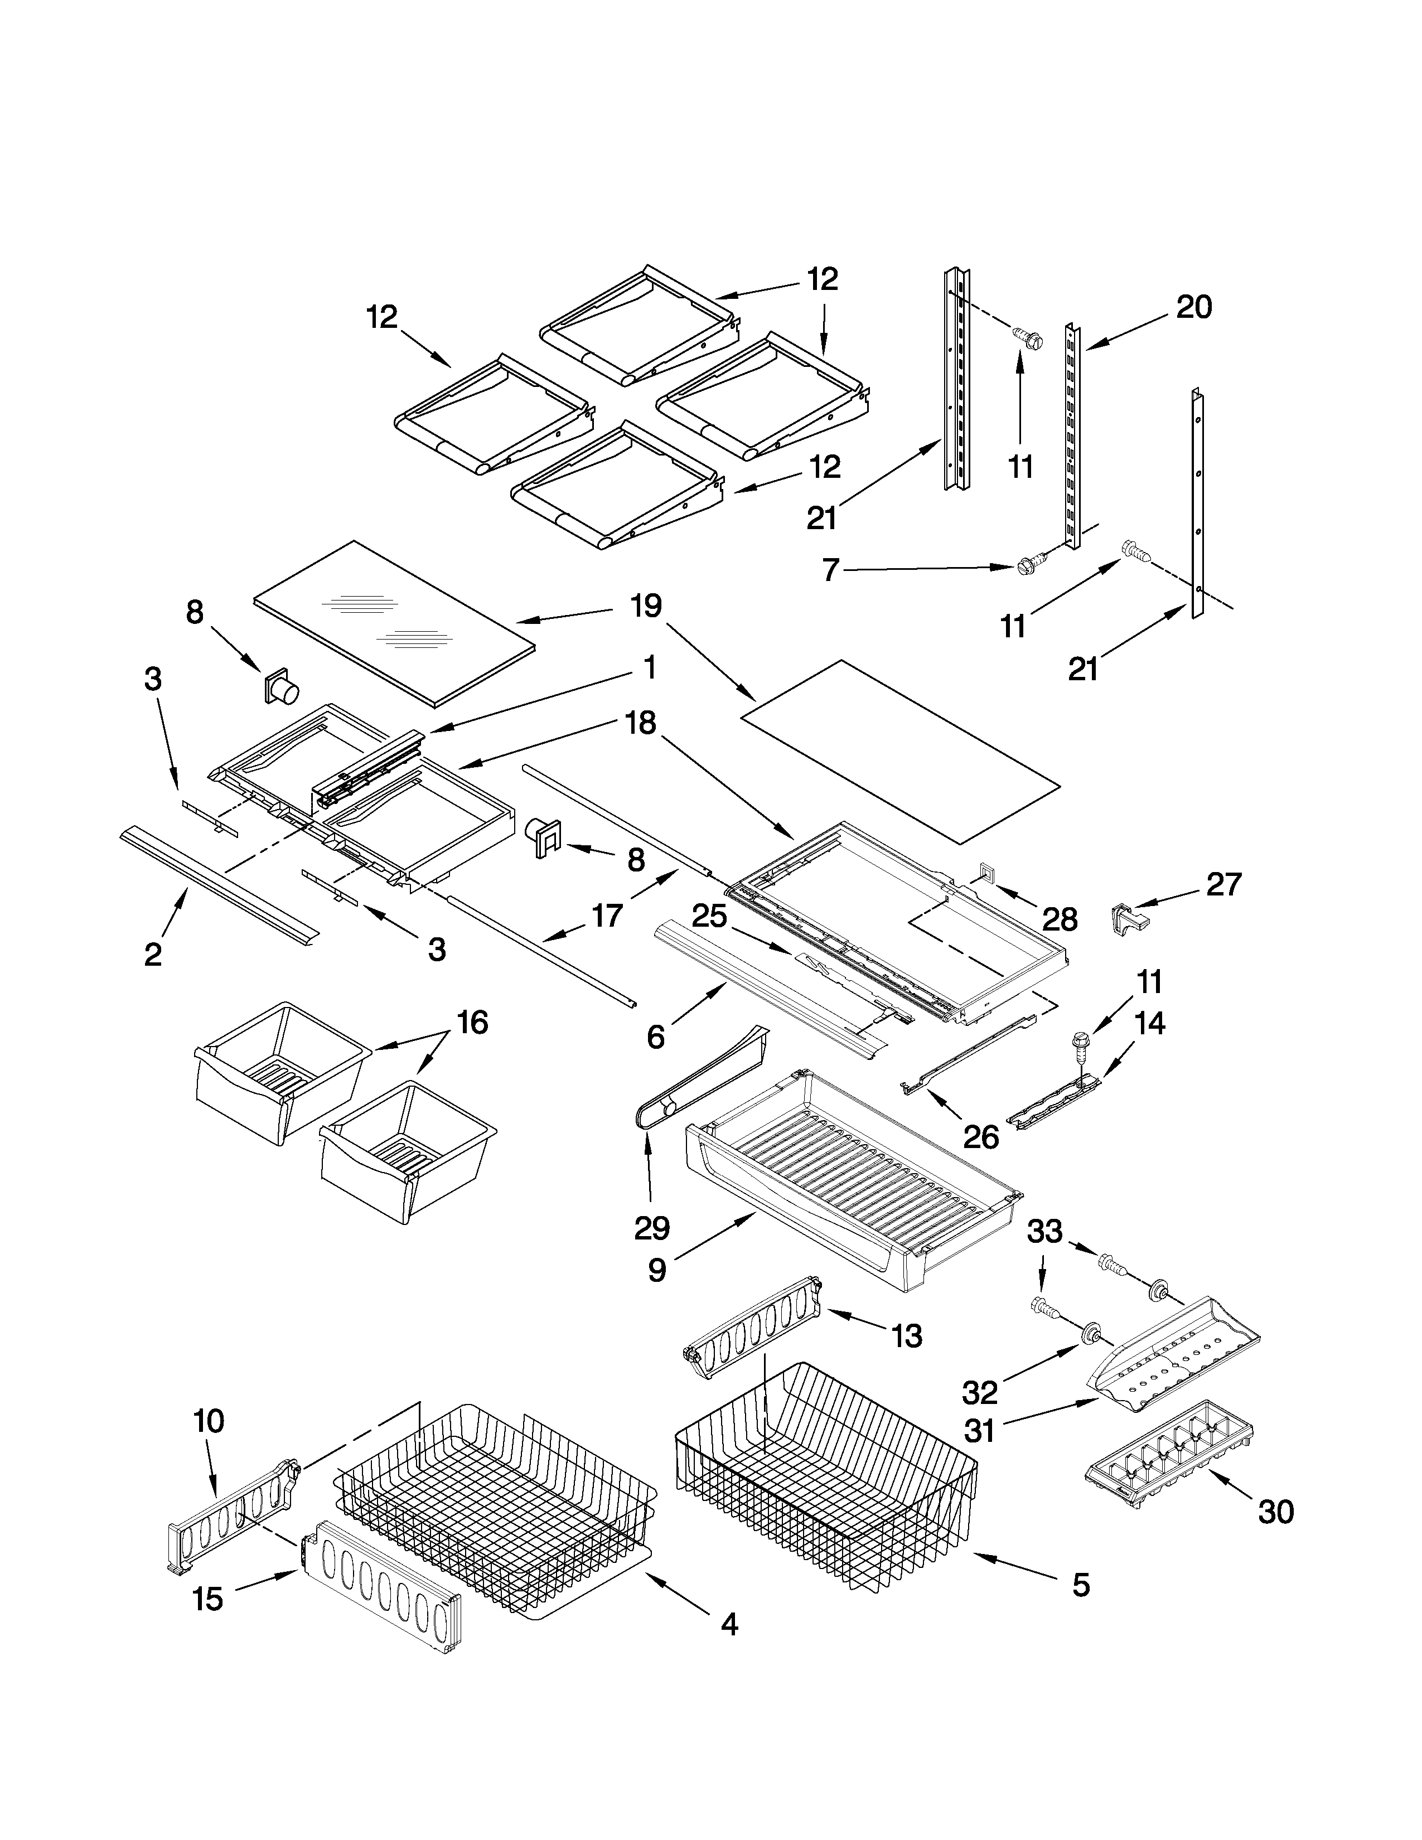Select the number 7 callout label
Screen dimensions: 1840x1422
tap(831, 571)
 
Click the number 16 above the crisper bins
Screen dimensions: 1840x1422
tap(472, 1022)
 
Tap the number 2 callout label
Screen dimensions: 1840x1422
tap(152, 955)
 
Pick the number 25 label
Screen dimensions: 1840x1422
tap(709, 916)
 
